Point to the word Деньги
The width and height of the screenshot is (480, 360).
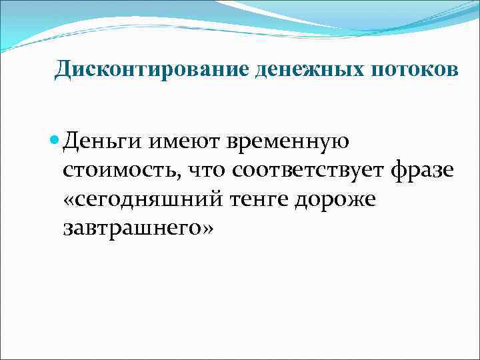pyautogui.click(x=103, y=142)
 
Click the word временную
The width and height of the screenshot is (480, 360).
pyautogui.click(x=289, y=142)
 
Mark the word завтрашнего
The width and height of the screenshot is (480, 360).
pyautogui.click(x=129, y=229)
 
